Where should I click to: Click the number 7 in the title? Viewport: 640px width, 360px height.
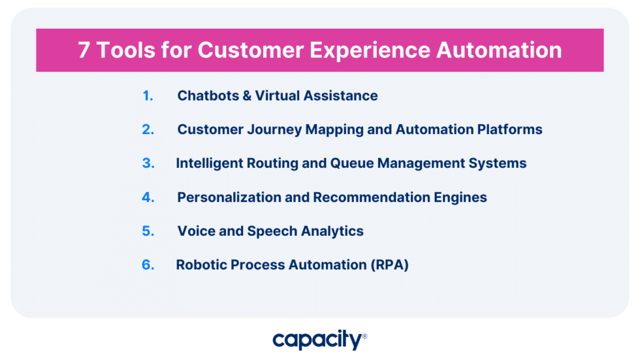click(x=84, y=50)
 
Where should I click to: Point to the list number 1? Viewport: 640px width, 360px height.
click(x=148, y=95)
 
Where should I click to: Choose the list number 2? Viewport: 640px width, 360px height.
click(x=148, y=129)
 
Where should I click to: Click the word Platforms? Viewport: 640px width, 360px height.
click(x=509, y=129)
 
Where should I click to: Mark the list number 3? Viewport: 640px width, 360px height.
click(x=148, y=163)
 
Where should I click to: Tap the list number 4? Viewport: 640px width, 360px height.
click(x=148, y=197)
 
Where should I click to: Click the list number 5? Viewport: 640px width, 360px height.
click(x=148, y=231)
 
